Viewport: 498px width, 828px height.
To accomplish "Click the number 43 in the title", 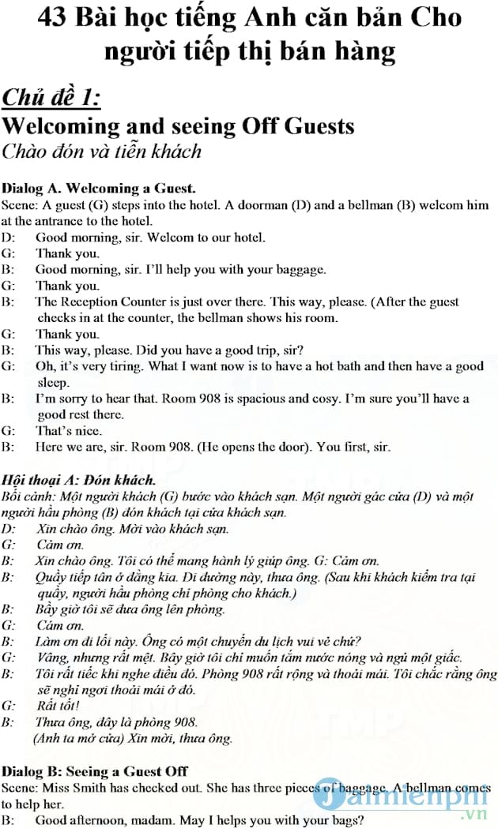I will [x=54, y=17].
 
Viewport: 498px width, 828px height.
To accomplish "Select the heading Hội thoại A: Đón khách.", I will [x=79, y=480].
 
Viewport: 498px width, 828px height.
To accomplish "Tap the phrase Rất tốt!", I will [x=57, y=706].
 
